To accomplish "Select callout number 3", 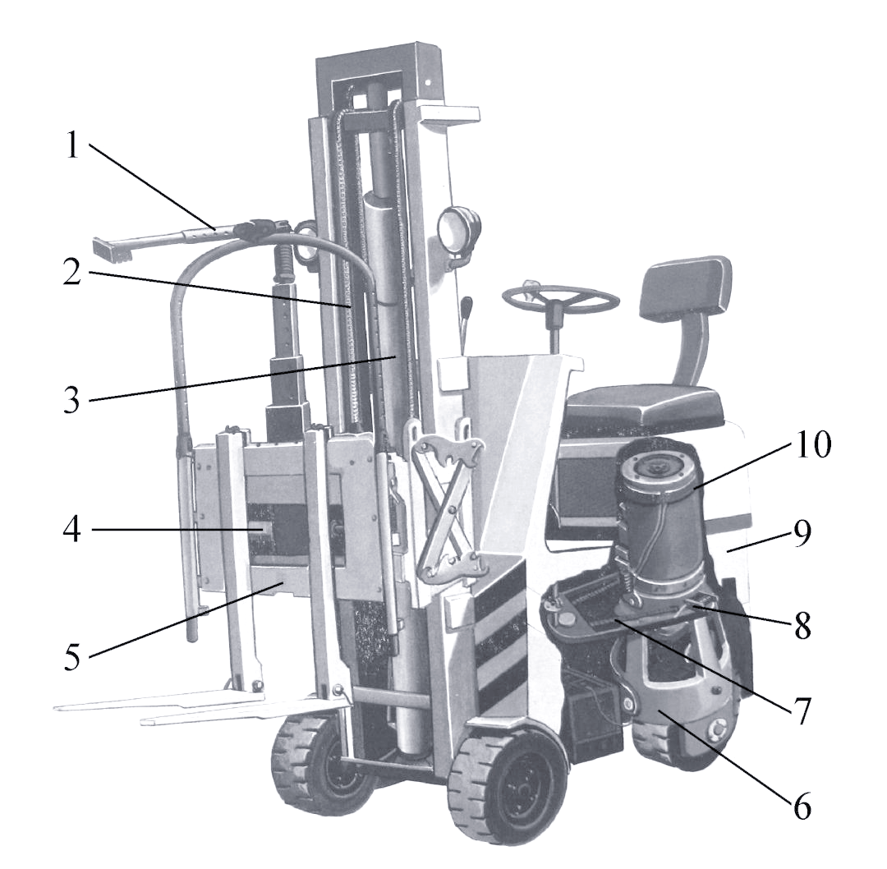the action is coord(71,398).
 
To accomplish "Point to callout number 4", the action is coord(71,530).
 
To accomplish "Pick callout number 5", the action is coord(71,655).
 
